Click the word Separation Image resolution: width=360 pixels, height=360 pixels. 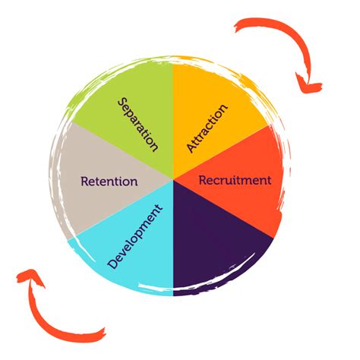coord(138,125)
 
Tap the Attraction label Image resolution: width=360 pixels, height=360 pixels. coord(207,128)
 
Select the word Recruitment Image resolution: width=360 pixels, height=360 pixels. coord(235,180)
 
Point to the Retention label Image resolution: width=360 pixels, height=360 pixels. coord(109,182)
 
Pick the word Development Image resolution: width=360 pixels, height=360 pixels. coord(134,236)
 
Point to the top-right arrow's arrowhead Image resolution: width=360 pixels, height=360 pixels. coord(308,85)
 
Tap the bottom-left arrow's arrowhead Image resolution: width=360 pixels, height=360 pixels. coord(30,276)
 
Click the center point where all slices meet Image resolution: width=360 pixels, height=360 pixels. coord(173,179)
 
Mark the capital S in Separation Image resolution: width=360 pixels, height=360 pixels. coord(122,103)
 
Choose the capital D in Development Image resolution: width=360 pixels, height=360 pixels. coord(113,264)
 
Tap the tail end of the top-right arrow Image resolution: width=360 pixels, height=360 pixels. coord(236,27)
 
